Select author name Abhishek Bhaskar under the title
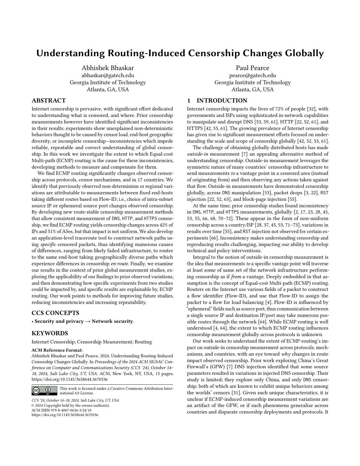tap(108, 68)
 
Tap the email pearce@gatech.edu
tap(252, 75)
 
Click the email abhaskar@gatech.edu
tap(108, 75)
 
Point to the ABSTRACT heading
tap(49, 101)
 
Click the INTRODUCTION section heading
tap(222, 101)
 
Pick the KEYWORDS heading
tap(50, 333)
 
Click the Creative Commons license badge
tap(44, 391)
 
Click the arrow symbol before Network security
tap(88, 321)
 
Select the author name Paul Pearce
tap(252, 68)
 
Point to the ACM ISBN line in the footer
tap(62, 410)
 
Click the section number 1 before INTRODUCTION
tap(189, 101)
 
